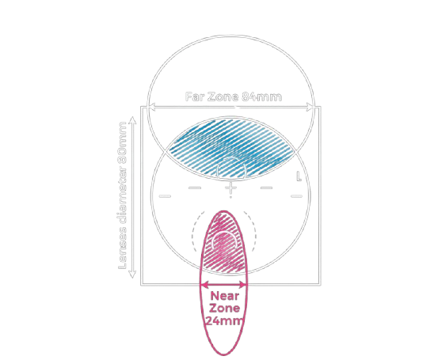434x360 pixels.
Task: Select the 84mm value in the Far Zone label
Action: [x=262, y=97]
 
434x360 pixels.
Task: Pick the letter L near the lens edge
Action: [x=299, y=176]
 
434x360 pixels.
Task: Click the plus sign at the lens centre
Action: [x=230, y=188]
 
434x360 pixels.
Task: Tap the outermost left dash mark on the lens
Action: [x=165, y=196]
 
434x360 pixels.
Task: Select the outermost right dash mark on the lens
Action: [x=296, y=196]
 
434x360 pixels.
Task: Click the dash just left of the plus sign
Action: [x=195, y=188]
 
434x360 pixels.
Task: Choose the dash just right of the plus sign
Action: [x=267, y=188]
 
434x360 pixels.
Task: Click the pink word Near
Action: [x=224, y=296]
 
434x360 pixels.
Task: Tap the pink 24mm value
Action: [x=225, y=321]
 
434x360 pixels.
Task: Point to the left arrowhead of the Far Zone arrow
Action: [x=152, y=108]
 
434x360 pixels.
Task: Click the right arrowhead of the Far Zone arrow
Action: [x=310, y=108]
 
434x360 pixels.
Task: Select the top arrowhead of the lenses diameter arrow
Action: [x=133, y=120]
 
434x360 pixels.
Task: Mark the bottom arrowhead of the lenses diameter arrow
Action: [x=132, y=274]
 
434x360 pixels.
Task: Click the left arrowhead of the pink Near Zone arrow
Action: [x=204, y=285]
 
